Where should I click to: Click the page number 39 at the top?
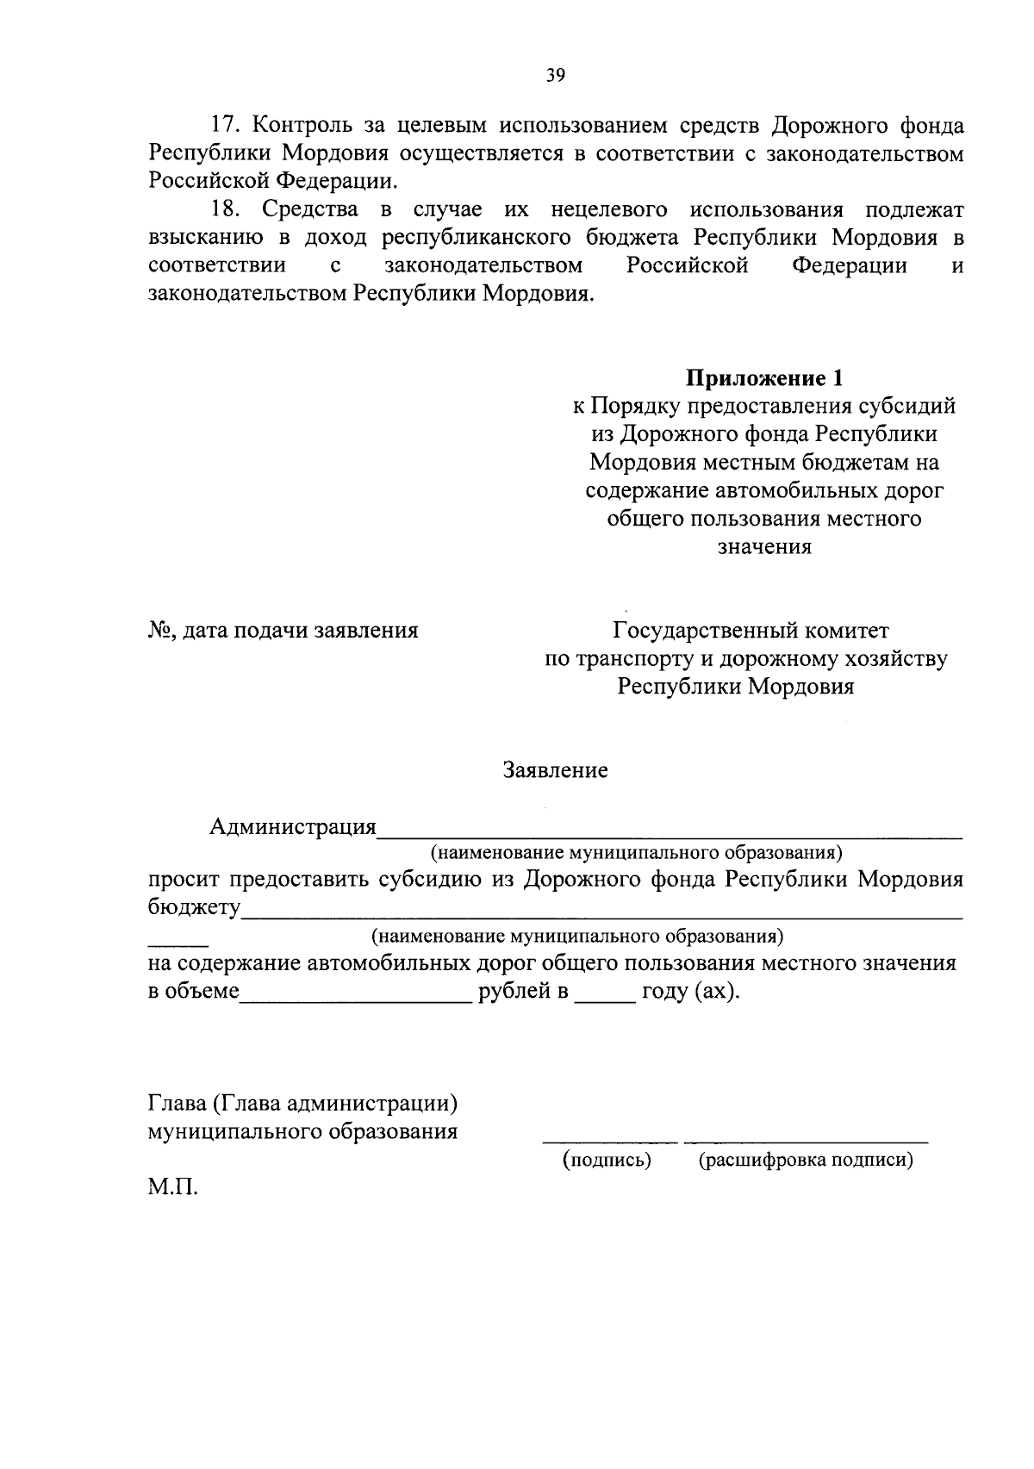tap(556, 76)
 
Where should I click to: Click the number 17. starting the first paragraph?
tap(228, 126)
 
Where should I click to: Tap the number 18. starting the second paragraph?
tap(228, 209)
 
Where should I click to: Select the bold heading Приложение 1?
tap(764, 377)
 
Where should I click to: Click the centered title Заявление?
tap(556, 770)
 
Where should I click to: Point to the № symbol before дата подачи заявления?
tap(159, 631)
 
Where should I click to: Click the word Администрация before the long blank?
tap(293, 827)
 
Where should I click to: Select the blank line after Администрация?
tap(670, 834)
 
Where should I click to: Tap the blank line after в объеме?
tap(356, 999)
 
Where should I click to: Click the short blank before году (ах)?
tap(605, 999)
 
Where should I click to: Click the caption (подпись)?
tap(607, 1160)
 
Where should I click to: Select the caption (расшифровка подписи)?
tap(806, 1160)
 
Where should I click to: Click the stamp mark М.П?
tap(172, 1189)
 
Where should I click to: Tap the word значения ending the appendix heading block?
tap(764, 546)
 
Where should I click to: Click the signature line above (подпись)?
tap(610, 1141)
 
